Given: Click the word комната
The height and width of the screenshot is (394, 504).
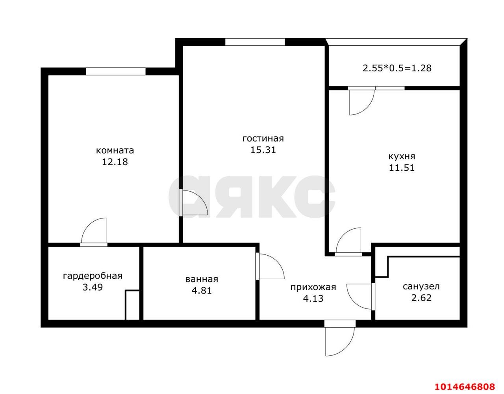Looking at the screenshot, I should [x=115, y=150].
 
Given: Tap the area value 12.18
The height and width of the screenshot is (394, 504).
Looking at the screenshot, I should [x=115, y=162].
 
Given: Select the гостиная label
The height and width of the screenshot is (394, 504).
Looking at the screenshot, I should [x=263, y=138].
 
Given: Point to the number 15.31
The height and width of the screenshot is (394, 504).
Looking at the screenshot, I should [x=263, y=150].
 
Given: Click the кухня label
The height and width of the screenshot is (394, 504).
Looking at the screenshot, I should [x=402, y=156].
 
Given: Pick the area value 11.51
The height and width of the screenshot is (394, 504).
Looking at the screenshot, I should [x=402, y=167].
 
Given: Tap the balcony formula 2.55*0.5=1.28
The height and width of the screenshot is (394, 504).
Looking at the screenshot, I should [x=397, y=68].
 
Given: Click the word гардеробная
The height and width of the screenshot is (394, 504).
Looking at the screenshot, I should [x=93, y=276].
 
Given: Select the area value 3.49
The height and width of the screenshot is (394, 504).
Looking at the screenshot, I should [x=93, y=287].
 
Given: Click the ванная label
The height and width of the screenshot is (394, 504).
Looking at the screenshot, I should [x=202, y=279].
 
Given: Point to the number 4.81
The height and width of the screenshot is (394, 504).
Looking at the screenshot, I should [x=202, y=291].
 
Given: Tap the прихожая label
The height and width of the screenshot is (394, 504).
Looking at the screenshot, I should [x=313, y=287].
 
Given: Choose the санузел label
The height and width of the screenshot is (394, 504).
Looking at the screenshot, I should [x=421, y=286].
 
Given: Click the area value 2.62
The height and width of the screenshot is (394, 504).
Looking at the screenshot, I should [x=421, y=298].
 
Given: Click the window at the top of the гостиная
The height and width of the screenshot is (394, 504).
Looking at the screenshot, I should [x=255, y=42].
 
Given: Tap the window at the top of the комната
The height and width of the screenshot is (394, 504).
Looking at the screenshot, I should [x=116, y=71].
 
